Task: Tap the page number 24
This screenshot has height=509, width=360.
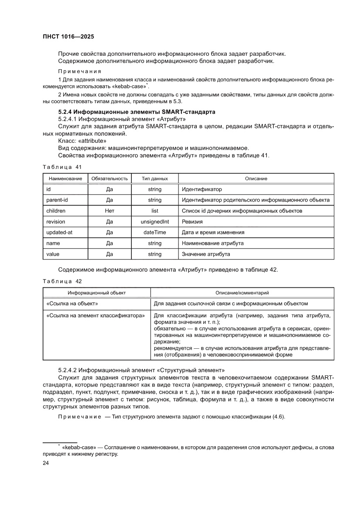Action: pyautogui.click(x=46, y=463)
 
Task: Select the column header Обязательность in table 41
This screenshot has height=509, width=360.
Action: pyautogui.click(x=110, y=179)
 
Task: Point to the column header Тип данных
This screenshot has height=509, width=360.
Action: pyautogui.click(x=155, y=179)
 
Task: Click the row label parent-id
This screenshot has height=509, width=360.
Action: pyautogui.click(x=57, y=200)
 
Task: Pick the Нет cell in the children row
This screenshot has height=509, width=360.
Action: pyautogui.click(x=110, y=211)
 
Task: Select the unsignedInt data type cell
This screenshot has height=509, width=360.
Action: pyautogui.click(x=155, y=222)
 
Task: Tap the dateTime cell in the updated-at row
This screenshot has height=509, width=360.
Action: pyautogui.click(x=155, y=233)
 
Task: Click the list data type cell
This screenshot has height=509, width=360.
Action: pyautogui.click(x=155, y=211)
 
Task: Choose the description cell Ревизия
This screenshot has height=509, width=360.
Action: pyautogui.click(x=192, y=222)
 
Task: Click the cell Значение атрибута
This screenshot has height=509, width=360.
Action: pyautogui.click(x=206, y=254)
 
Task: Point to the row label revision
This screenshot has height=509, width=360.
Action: pyautogui.click(x=56, y=222)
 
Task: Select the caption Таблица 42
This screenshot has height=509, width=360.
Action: pyautogui.click(x=62, y=281)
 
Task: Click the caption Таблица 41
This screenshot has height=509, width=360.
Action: pyautogui.click(x=62, y=167)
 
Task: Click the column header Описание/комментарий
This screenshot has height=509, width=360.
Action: pyautogui.click(x=242, y=293)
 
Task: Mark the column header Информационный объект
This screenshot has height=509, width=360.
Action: pyautogui.click(x=96, y=293)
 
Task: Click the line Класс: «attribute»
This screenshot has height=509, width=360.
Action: pyautogui.click(x=82, y=141)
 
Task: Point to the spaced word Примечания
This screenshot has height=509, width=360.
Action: pyautogui.click(x=80, y=71)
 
